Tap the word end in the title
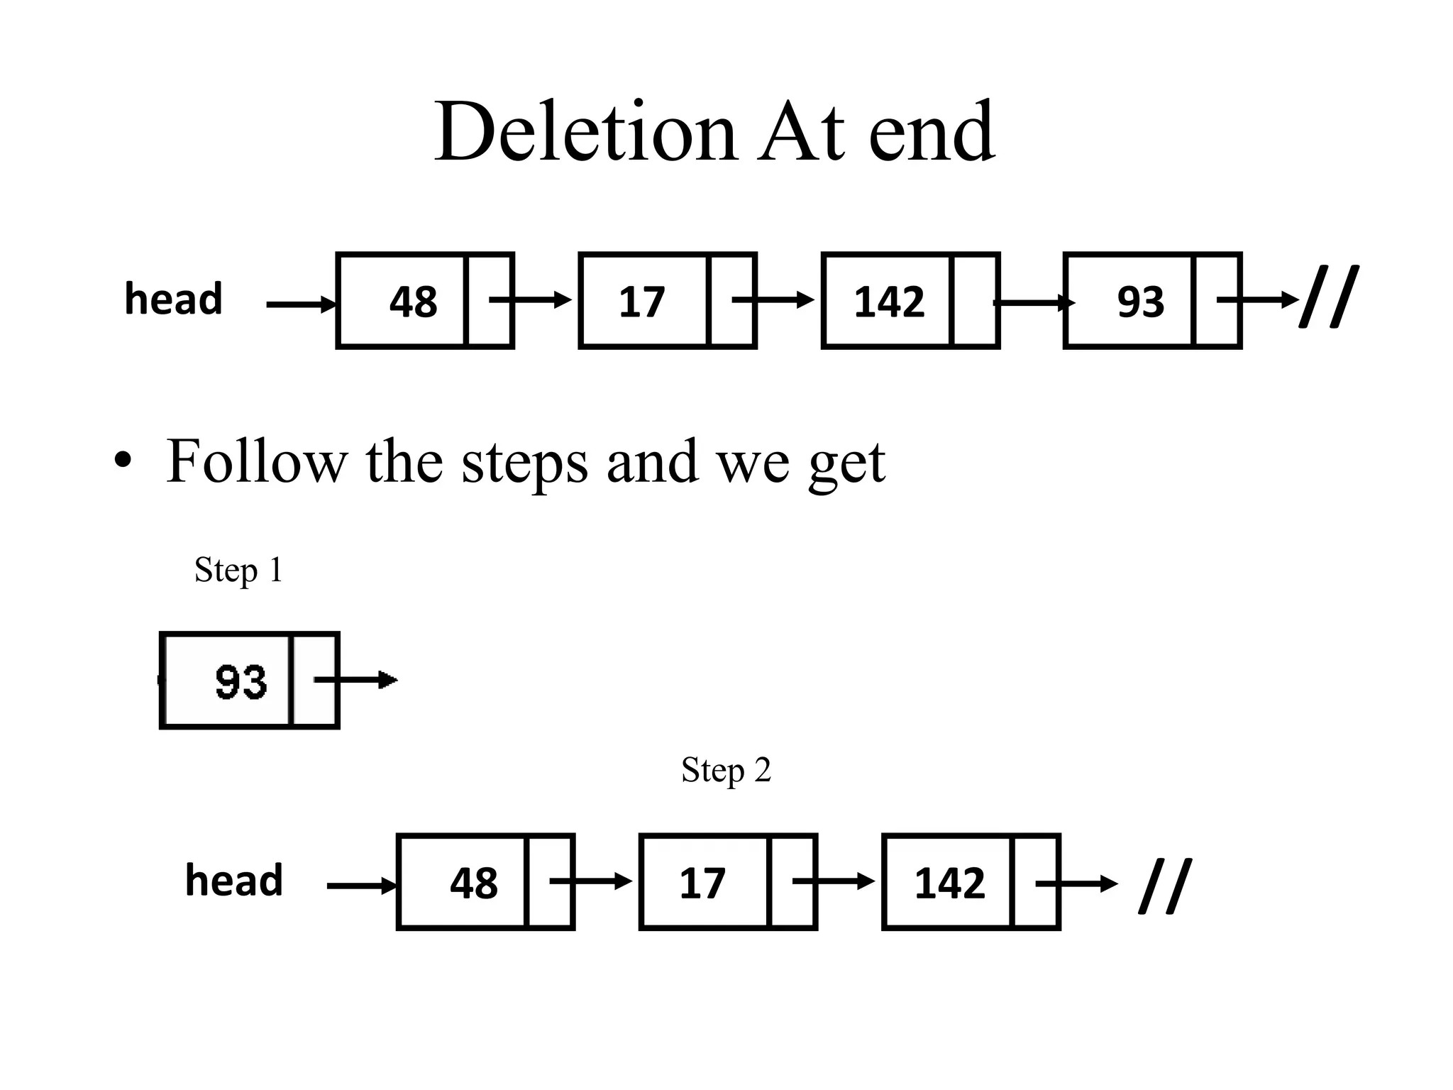(931, 132)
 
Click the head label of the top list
(173, 299)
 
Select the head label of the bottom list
(233, 881)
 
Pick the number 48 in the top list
(413, 302)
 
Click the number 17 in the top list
(641, 302)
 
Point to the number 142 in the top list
(889, 302)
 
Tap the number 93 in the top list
(1140, 302)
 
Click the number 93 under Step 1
(241, 682)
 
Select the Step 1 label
(238, 570)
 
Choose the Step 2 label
(726, 770)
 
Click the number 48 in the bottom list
(473, 883)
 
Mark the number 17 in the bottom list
(702, 883)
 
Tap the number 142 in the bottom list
(949, 883)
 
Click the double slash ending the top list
(1329, 297)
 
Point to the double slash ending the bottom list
(1165, 886)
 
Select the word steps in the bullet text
(524, 463)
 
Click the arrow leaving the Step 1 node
(356, 680)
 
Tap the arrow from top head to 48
(301, 304)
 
